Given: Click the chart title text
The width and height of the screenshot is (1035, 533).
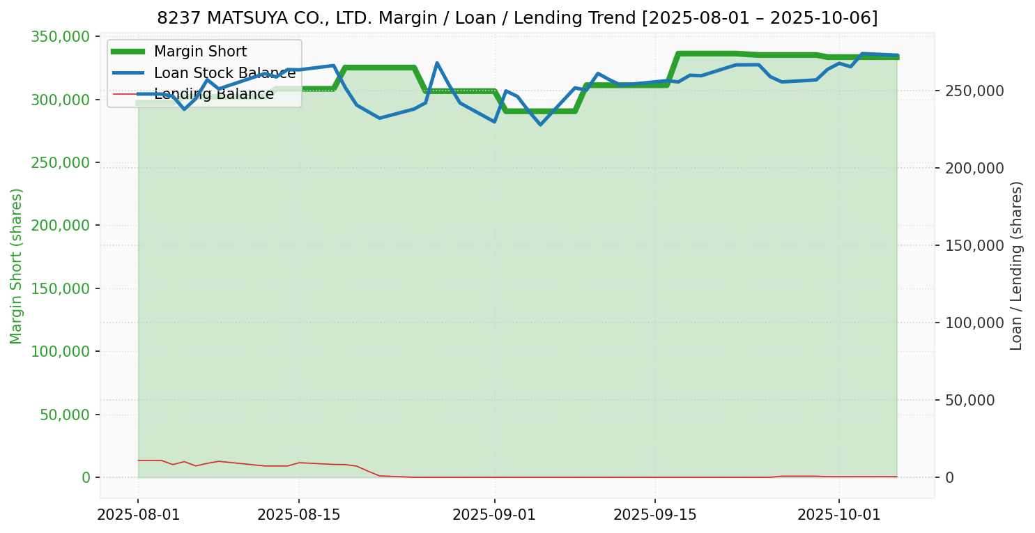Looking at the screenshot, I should (x=517, y=17).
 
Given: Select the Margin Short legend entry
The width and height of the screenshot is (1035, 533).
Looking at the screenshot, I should (x=200, y=52).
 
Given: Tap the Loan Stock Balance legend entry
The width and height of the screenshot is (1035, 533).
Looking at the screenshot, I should (x=224, y=73).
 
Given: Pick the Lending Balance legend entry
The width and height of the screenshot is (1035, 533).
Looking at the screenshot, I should (x=213, y=94).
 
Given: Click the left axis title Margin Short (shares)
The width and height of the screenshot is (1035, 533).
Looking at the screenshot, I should (x=16, y=266).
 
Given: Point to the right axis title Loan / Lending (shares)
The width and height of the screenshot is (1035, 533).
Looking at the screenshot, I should (x=1017, y=266).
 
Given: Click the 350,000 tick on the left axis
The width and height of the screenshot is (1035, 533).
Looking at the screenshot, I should (x=61, y=36).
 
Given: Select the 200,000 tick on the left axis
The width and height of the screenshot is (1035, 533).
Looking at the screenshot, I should (x=61, y=226).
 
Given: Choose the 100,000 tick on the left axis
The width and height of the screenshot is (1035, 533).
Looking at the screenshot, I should (x=61, y=352).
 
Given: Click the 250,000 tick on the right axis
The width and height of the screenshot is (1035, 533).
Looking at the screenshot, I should (x=975, y=91).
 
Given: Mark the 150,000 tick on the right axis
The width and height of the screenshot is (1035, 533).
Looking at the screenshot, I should (x=975, y=245).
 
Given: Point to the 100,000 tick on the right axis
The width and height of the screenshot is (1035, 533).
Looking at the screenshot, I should (x=975, y=323).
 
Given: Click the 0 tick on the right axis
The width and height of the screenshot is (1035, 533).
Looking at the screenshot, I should (x=949, y=477).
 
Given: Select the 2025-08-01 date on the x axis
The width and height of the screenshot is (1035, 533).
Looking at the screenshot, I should (x=138, y=515).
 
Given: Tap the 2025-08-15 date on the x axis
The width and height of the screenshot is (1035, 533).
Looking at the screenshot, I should (x=298, y=515).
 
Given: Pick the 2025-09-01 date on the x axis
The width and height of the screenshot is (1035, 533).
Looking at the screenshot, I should (x=494, y=515).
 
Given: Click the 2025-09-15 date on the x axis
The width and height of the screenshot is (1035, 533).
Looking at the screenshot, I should (x=654, y=515).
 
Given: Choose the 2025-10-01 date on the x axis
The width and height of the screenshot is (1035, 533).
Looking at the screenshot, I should (x=838, y=515).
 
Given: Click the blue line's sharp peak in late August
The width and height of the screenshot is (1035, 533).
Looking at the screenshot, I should (x=437, y=63).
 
